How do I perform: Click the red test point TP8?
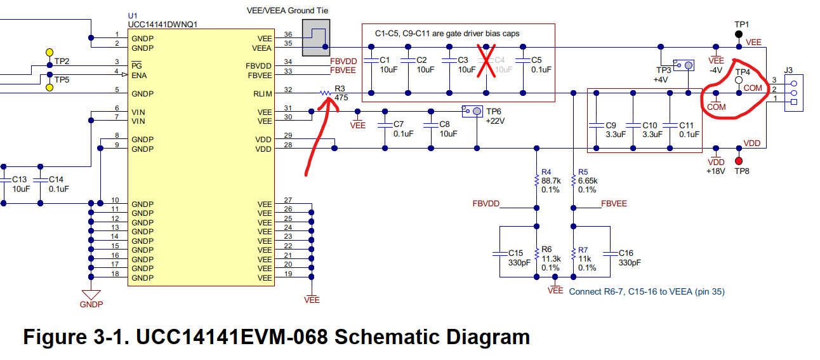(739, 161)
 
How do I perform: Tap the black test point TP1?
(739, 34)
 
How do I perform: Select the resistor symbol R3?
(325, 93)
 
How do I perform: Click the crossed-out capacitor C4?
(486, 61)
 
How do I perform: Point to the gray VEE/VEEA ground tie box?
(316, 37)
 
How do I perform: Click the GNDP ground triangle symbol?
(91, 295)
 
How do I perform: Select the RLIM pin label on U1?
(263, 94)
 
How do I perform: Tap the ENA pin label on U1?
(139, 76)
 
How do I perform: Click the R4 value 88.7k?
(551, 181)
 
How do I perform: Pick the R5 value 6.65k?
(588, 181)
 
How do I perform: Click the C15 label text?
(515, 253)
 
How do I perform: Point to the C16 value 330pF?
(630, 263)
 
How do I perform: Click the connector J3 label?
(788, 70)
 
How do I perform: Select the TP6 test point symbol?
(472, 111)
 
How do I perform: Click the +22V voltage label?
(495, 121)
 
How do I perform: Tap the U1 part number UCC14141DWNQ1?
(162, 25)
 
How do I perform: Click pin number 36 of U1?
(288, 34)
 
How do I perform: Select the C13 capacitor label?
(20, 180)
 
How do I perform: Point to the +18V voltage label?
(716, 171)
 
